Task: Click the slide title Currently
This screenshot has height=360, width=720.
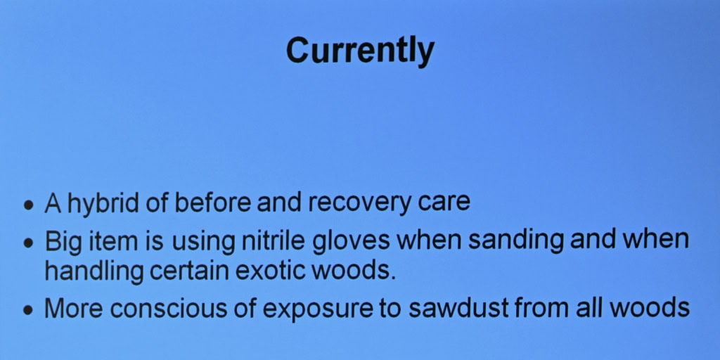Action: tap(360, 51)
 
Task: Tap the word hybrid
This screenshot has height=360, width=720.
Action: tap(103, 203)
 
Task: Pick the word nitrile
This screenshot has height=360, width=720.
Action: tap(273, 240)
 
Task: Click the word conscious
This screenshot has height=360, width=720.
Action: tap(169, 309)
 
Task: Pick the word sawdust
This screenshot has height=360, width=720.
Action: tap(458, 308)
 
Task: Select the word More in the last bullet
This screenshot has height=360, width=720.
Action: tap(73, 308)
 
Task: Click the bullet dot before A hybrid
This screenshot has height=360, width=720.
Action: tap(29, 205)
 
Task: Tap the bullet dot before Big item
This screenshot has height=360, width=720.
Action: tap(29, 243)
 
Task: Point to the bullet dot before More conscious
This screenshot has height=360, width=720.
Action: tap(29, 310)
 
